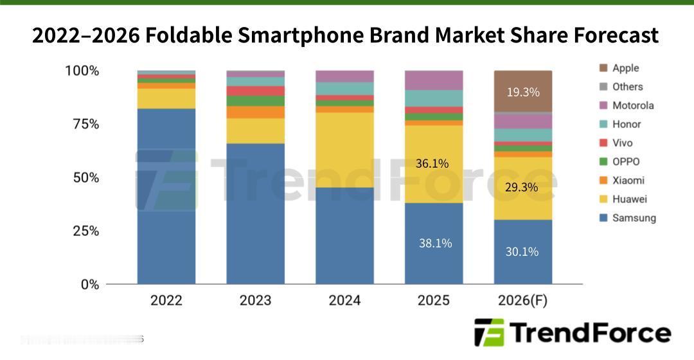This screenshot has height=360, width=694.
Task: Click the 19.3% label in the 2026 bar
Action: (522, 92)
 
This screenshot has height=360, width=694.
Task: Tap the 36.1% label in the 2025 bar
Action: (432, 164)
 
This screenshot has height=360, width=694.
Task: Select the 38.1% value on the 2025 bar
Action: (435, 243)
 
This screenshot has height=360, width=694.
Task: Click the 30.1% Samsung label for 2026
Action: (522, 251)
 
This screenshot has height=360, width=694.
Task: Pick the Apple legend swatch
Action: (603, 68)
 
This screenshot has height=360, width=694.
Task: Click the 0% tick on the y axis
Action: (89, 284)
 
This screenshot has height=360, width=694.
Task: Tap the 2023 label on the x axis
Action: (255, 300)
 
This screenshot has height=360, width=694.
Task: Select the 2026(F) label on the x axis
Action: (522, 300)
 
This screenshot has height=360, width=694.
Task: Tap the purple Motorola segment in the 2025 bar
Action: (434, 80)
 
